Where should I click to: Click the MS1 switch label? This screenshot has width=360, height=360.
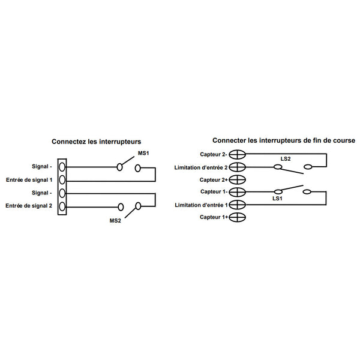click(143, 153)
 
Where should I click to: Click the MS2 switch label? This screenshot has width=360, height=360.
click(115, 221)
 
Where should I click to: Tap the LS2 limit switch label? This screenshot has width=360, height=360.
click(286, 158)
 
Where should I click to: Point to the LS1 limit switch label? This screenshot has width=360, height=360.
click(277, 199)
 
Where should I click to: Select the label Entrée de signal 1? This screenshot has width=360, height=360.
click(29, 180)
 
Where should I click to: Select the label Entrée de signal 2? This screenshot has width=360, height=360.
click(29, 206)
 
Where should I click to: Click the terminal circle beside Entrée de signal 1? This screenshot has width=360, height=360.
click(62, 180)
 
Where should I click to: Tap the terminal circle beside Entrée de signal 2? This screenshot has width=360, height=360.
click(62, 206)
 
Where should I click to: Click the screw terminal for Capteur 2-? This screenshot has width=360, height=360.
click(238, 154)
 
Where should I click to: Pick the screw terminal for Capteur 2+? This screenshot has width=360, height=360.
click(238, 180)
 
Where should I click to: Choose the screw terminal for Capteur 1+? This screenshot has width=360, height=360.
click(238, 217)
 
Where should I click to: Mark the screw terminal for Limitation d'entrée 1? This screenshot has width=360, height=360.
click(238, 205)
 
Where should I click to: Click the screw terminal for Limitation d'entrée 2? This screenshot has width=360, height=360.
click(238, 167)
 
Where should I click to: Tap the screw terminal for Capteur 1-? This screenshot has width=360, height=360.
click(238, 192)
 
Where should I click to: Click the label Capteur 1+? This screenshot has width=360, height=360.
click(214, 217)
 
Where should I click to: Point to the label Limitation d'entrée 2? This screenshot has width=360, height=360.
click(201, 167)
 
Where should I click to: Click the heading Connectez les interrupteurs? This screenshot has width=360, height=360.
click(97, 142)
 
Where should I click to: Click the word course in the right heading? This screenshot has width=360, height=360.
click(344, 140)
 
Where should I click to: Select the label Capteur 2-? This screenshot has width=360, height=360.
click(214, 154)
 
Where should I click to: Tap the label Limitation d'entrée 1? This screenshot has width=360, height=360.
click(202, 205)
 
